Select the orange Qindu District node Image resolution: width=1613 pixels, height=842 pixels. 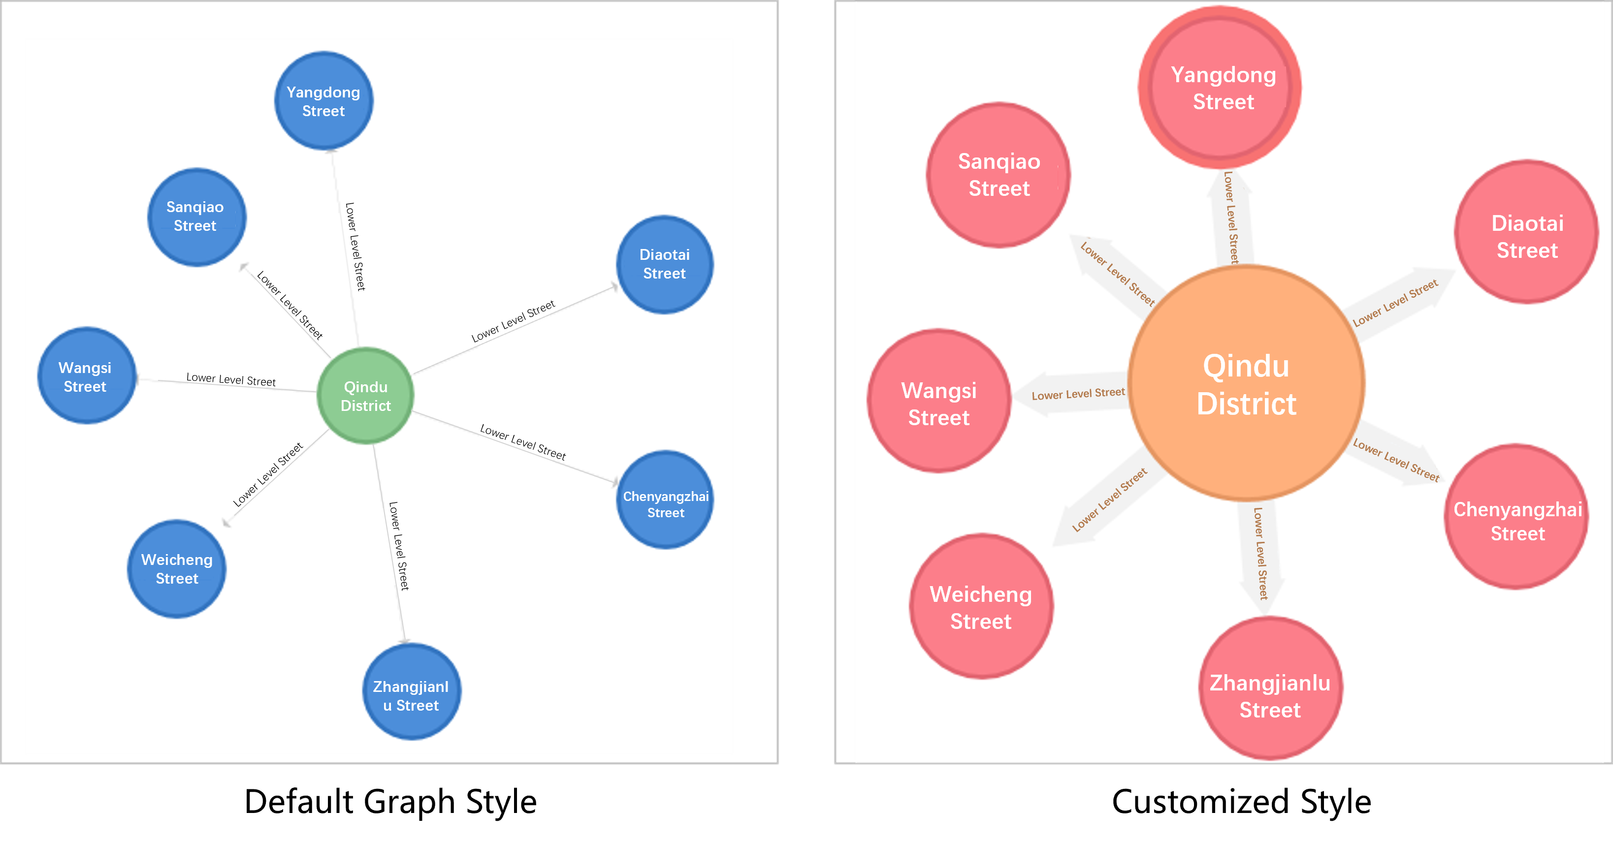point(1246,383)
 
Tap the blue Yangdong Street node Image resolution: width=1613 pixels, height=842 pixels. point(323,101)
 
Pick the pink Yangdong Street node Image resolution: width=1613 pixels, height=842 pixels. point(1219,88)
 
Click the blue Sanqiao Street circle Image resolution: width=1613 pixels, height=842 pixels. point(196,217)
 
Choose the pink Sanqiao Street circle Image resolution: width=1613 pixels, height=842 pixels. point(998,175)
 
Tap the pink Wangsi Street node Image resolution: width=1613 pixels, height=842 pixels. point(938,401)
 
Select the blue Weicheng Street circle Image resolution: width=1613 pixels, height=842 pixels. point(177,568)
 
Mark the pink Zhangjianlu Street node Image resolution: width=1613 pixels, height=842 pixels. point(1270,688)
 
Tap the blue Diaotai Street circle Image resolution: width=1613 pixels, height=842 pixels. point(664,264)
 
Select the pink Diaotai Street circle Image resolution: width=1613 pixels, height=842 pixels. point(1526,232)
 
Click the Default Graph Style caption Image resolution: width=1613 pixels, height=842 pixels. point(390,802)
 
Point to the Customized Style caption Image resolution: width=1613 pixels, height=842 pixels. point(1241,802)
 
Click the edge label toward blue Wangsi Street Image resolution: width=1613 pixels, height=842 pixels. point(230,379)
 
